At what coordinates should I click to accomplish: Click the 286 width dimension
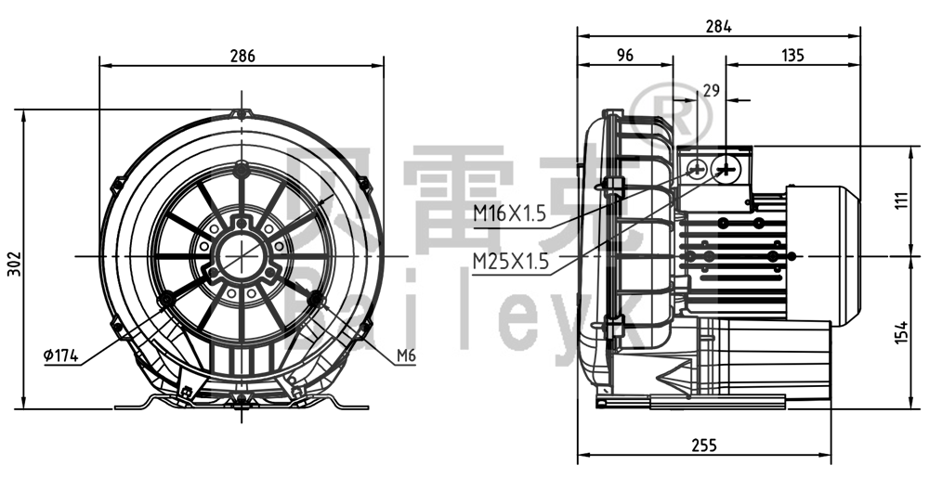click(242, 56)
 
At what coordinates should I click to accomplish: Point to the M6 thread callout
click(404, 355)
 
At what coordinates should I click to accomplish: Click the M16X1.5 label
click(510, 213)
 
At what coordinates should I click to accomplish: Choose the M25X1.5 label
click(510, 261)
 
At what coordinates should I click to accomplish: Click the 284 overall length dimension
click(718, 26)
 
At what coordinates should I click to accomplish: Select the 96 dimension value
click(624, 56)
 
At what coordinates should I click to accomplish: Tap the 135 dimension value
click(792, 56)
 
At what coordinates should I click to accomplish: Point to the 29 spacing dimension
click(712, 91)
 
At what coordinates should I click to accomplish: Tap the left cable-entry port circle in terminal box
click(699, 169)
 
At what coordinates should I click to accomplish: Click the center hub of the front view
click(242, 255)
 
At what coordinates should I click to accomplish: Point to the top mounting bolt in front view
click(242, 170)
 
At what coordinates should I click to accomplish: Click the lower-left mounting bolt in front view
click(167, 299)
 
